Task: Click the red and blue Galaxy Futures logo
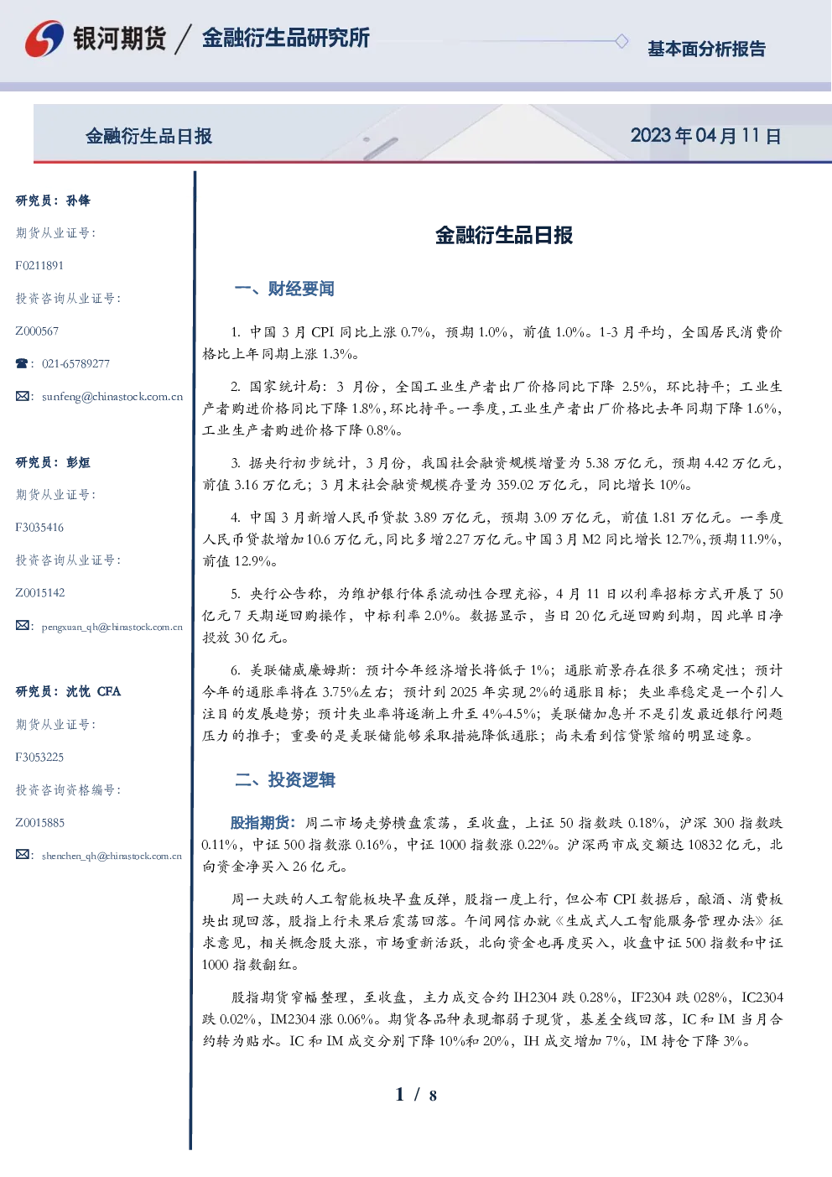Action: [44, 39]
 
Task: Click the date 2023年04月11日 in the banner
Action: [705, 136]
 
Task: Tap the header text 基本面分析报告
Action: [706, 49]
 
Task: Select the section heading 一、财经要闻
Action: [284, 289]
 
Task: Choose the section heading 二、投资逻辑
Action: [284, 779]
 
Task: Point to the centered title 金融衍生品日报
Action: [504, 235]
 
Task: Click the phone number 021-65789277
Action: [75, 363]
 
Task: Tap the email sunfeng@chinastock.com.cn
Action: [112, 397]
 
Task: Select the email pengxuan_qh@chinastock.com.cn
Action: [112, 627]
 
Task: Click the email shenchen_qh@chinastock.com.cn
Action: [112, 856]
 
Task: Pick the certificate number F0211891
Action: [39, 265]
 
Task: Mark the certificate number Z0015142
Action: [40, 593]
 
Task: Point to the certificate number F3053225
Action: [39, 758]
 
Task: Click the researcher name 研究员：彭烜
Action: [53, 462]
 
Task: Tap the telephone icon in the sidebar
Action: [22, 363]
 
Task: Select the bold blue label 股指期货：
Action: [263, 823]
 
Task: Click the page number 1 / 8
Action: [416, 1095]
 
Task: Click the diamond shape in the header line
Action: [621, 41]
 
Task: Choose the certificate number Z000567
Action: [37, 331]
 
